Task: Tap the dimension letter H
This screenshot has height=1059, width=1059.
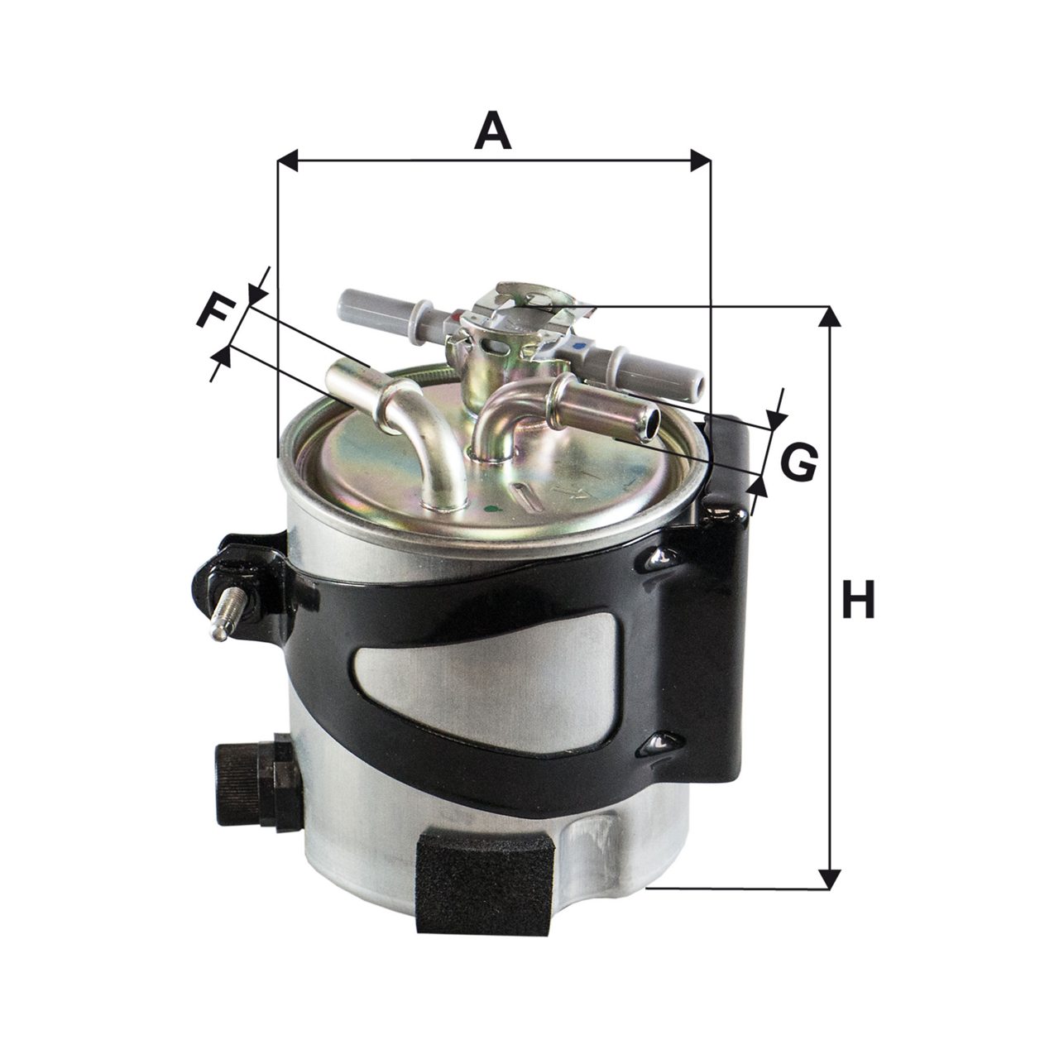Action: click(x=858, y=599)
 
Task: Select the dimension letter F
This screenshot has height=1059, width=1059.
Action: click(x=213, y=312)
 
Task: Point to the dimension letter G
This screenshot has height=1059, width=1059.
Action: click(x=798, y=462)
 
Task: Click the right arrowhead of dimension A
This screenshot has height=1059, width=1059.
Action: click(x=701, y=161)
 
